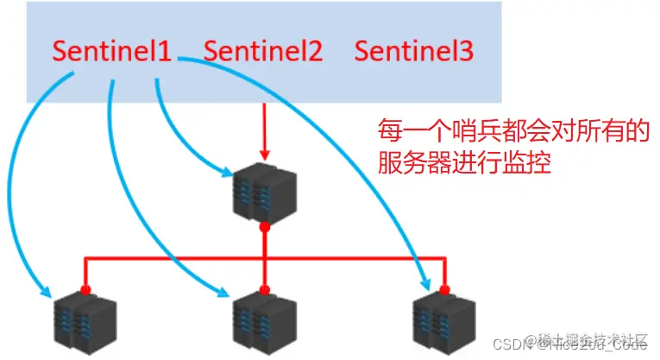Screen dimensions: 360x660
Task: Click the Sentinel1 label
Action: click(x=112, y=52)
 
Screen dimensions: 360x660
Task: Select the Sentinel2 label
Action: click(x=263, y=52)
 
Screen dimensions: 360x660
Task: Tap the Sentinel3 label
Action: click(x=414, y=52)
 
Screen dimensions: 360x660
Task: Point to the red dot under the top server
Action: click(x=264, y=228)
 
